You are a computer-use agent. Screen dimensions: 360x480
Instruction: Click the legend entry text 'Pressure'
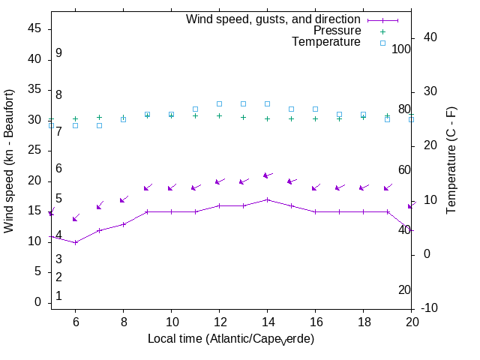(337, 31)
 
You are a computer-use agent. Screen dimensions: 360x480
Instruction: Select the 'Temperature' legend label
(326, 42)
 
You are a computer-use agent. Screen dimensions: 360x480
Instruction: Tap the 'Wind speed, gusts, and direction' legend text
(274, 19)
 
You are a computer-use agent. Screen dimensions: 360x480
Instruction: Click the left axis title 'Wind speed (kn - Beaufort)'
(9, 160)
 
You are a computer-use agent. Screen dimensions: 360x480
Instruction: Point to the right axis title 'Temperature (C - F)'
(451, 160)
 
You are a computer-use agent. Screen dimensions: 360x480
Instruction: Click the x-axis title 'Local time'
(230, 339)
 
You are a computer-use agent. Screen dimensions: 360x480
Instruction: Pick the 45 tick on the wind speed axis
(34, 28)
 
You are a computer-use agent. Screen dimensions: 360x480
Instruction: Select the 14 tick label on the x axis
(267, 321)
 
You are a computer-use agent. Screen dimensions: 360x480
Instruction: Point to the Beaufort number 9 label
(58, 53)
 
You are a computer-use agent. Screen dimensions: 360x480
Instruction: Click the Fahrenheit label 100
(401, 49)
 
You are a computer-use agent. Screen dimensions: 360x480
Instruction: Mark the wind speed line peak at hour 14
(267, 199)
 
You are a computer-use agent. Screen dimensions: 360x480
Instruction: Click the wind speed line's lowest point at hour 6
(75, 242)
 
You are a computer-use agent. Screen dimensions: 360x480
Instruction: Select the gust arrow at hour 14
(267, 175)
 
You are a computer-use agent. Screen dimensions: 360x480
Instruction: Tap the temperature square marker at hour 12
(219, 103)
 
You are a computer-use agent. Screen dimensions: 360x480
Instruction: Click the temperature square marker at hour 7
(99, 125)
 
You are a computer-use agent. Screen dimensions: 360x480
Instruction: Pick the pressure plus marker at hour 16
(315, 118)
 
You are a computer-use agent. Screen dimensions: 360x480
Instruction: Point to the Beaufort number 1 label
(58, 296)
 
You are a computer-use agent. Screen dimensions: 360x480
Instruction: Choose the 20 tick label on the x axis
(411, 321)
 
